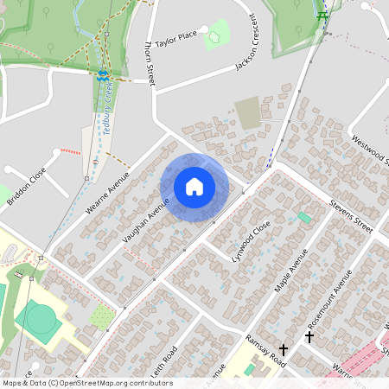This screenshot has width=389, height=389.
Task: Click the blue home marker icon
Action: pyautogui.click(x=194, y=187)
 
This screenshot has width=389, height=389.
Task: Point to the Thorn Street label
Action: pyautogui.click(x=149, y=61)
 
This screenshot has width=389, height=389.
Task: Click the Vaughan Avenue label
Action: pyautogui.click(x=145, y=220)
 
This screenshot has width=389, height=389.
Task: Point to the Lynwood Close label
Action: pyautogui.click(x=251, y=239)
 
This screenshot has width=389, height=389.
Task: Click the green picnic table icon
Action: pyautogui.click(x=322, y=15)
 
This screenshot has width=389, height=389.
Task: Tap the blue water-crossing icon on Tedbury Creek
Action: pyautogui.click(x=103, y=76)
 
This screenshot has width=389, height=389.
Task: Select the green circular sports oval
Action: pyautogui.click(x=40, y=318)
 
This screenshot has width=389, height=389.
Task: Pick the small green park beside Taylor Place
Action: pyautogui.click(x=217, y=34)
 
